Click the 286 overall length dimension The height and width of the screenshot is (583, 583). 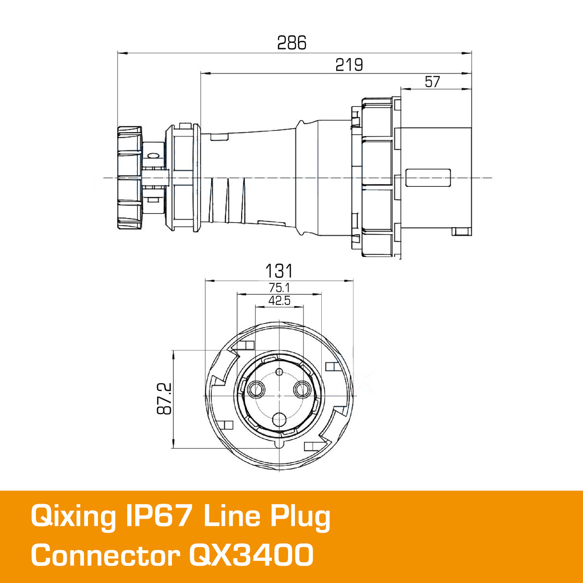291,43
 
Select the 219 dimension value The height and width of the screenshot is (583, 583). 349,65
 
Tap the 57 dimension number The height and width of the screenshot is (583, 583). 432,82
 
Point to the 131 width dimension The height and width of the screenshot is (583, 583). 279,271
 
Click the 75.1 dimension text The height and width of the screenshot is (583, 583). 279,288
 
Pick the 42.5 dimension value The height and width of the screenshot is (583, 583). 279,301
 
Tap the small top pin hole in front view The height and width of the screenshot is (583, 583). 279,371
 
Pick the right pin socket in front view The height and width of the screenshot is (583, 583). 302,389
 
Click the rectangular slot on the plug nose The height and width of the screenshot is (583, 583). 428,178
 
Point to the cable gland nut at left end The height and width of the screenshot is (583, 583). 130,178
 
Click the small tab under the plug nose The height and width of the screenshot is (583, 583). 462,232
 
